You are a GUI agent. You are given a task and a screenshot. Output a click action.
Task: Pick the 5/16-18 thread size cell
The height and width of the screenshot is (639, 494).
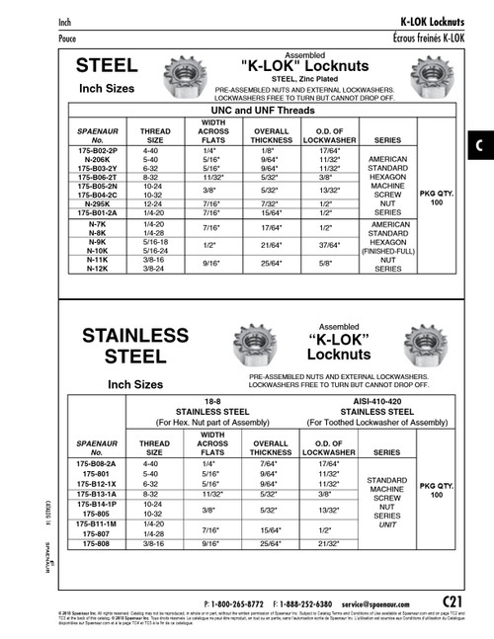[x=156, y=241]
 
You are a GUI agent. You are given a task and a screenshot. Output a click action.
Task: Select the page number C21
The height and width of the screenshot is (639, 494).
[x=453, y=599]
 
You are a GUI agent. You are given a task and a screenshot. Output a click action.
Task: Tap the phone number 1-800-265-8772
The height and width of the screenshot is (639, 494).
[x=241, y=602]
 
